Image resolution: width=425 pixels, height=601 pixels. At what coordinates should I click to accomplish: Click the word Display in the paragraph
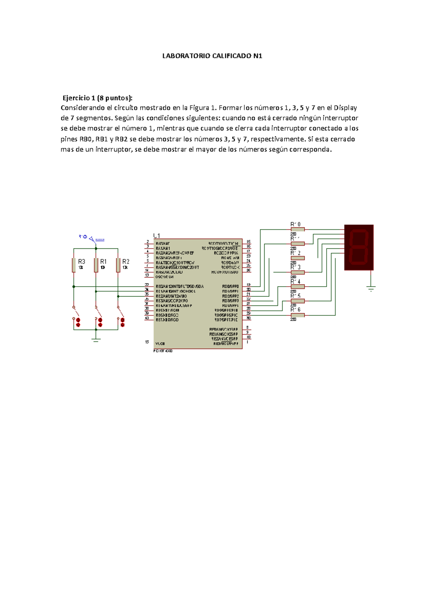pos(345,108)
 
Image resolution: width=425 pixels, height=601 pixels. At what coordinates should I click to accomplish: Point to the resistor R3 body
pos(74,265)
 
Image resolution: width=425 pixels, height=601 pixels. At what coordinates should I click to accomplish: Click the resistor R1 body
pos(96,265)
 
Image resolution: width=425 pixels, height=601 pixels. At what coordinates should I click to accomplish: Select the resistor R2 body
pos(118,265)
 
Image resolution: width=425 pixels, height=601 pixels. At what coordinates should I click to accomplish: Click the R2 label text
pos(126,262)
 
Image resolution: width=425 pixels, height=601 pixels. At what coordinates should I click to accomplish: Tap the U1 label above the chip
pos(157,236)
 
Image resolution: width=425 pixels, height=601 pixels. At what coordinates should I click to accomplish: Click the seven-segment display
pos(359,247)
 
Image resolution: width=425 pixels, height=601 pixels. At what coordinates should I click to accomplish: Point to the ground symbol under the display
pos(371,288)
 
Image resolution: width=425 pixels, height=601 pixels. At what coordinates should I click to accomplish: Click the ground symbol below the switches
pos(96,340)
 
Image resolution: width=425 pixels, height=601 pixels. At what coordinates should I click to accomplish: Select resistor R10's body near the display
pos(297,230)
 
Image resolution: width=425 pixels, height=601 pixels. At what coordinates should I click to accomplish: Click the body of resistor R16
pos(297,315)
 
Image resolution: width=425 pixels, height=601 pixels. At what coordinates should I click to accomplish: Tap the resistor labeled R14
pos(297,287)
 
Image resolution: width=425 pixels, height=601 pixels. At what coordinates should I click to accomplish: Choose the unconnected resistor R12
pos(297,258)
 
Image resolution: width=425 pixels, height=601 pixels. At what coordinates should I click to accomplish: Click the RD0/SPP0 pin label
pos(231,286)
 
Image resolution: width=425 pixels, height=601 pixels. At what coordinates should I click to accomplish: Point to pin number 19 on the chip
pos(248,285)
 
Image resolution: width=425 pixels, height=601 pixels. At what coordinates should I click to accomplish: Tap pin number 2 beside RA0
pos(147,242)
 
